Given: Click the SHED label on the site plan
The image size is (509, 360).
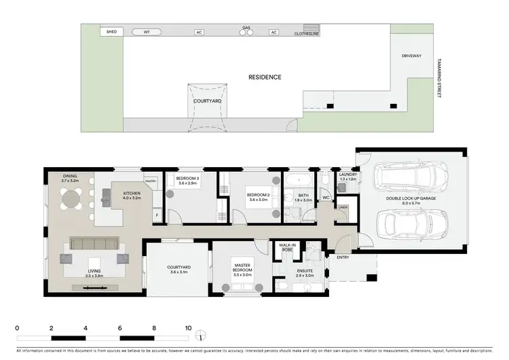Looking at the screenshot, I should (x=111, y=31).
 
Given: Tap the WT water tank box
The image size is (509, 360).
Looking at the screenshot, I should (x=147, y=31).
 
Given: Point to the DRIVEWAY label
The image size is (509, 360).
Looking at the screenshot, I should (x=411, y=56).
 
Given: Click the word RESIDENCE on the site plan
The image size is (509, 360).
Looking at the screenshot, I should (x=265, y=77).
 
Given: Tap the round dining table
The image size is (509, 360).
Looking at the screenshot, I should (x=71, y=200).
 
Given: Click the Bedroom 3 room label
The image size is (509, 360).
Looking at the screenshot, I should (x=187, y=181).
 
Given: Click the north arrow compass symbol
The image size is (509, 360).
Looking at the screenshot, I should (x=200, y=334).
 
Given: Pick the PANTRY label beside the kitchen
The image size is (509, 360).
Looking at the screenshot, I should (x=150, y=181).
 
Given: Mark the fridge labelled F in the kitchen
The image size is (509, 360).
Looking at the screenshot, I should (x=157, y=215).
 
